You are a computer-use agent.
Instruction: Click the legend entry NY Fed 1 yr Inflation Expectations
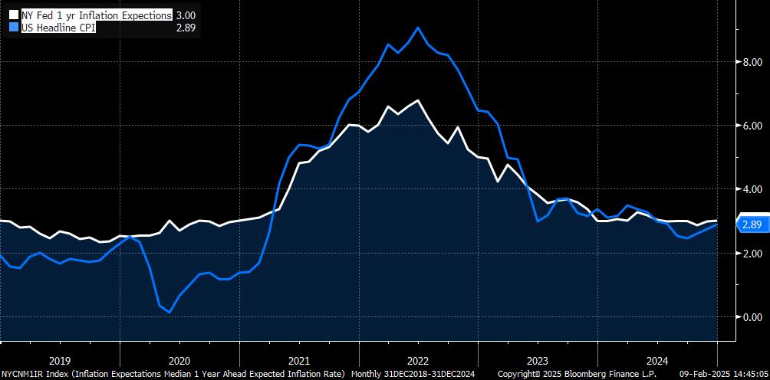pyautogui.click(x=96, y=15)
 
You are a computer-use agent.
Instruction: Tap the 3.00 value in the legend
pyautogui.click(x=186, y=15)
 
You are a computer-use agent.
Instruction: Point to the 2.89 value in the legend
pyautogui.click(x=186, y=28)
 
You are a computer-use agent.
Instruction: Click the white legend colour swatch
pyautogui.click(x=12, y=15)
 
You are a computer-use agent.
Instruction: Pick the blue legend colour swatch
pyautogui.click(x=12, y=28)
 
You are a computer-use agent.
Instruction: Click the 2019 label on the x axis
pyautogui.click(x=60, y=359)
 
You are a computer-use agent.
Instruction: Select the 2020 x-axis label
pyautogui.click(x=179, y=359)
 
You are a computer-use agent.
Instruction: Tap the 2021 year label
pyautogui.click(x=299, y=359)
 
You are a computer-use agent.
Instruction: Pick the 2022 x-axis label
pyautogui.click(x=418, y=359)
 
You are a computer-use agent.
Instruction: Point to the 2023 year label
pyautogui.click(x=538, y=359)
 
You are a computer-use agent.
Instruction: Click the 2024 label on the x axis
pyautogui.click(x=657, y=359)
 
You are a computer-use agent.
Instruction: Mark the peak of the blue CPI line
pyautogui.click(x=417, y=28)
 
